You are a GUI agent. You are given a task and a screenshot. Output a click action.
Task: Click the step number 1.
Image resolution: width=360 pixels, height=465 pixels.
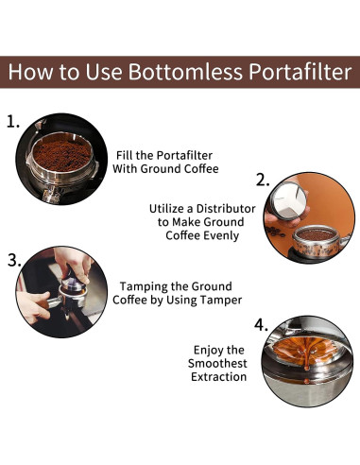(x=14, y=122)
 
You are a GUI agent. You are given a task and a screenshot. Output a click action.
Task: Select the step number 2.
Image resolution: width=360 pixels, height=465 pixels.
(x=264, y=181)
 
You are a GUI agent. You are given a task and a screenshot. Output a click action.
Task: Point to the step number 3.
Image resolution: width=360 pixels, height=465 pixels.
(x=14, y=258)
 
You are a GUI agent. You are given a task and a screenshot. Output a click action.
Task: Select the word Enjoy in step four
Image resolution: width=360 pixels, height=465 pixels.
(x=211, y=349)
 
